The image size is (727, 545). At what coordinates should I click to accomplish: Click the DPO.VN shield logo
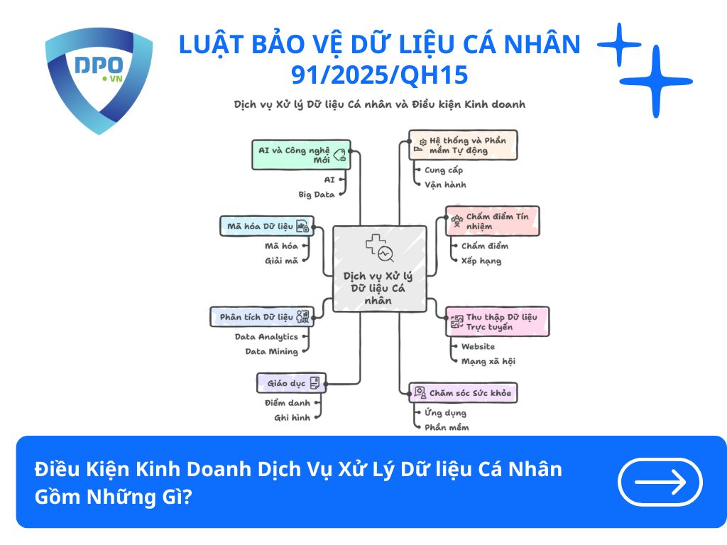[x=99, y=79]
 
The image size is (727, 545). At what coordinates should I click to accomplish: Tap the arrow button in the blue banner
[x=660, y=482]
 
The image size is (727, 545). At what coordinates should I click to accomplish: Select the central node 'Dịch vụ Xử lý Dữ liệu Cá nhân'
[x=380, y=268]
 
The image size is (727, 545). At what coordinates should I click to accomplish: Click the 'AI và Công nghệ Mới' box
[x=301, y=154]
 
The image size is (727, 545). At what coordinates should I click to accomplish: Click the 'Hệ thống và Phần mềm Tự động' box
[x=463, y=145]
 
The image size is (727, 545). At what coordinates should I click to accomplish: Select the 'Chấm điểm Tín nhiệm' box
[x=493, y=221]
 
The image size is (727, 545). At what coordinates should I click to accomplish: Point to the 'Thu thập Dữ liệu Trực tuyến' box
[x=497, y=321]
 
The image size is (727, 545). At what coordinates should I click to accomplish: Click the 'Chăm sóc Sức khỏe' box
[x=463, y=392]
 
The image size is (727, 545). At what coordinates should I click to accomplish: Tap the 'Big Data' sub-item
[x=316, y=194]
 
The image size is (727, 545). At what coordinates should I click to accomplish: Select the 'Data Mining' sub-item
[x=271, y=351]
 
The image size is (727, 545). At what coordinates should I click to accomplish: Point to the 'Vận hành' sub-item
[x=445, y=185]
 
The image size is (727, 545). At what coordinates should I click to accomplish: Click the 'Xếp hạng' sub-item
[x=481, y=260]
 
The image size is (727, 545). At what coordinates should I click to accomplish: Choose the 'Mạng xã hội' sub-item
[x=488, y=361]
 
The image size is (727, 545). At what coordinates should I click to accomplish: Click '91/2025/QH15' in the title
[x=379, y=74]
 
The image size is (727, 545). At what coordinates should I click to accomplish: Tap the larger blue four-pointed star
[x=655, y=82]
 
